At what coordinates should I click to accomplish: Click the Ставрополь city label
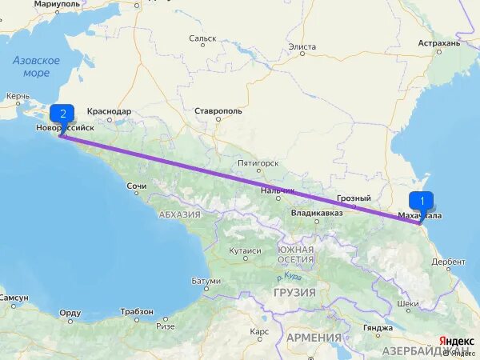click(x=218, y=111)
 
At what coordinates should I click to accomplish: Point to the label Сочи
click(x=136, y=186)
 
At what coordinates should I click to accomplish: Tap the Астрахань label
click(x=438, y=43)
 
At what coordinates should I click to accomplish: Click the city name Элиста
click(x=302, y=46)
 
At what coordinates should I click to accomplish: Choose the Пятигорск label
click(x=258, y=163)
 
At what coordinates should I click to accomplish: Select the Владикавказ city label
click(x=317, y=213)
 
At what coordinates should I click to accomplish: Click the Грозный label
click(x=353, y=198)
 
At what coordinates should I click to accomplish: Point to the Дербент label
click(x=448, y=262)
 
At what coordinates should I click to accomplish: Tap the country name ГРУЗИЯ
click(x=294, y=292)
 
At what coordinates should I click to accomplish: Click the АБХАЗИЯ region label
click(x=179, y=214)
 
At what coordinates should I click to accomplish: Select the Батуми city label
click(x=206, y=281)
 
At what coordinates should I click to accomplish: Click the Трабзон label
click(x=137, y=311)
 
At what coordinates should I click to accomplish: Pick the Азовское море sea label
click(x=36, y=66)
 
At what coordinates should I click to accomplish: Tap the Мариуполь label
click(x=57, y=4)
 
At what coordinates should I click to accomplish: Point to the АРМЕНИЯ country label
click(x=314, y=338)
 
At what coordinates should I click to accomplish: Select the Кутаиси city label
click(x=245, y=250)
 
